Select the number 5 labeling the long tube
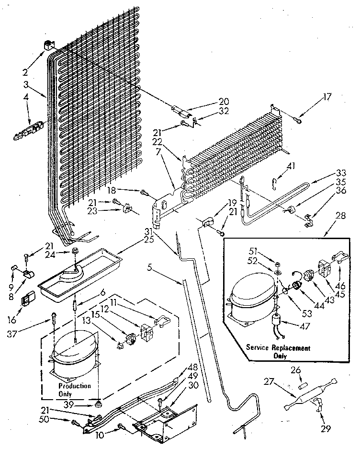point(150,268)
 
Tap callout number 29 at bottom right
point(326,429)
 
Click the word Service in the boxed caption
point(259,348)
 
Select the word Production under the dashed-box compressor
point(73,386)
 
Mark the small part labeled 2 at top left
point(47,47)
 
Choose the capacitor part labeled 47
point(276,322)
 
